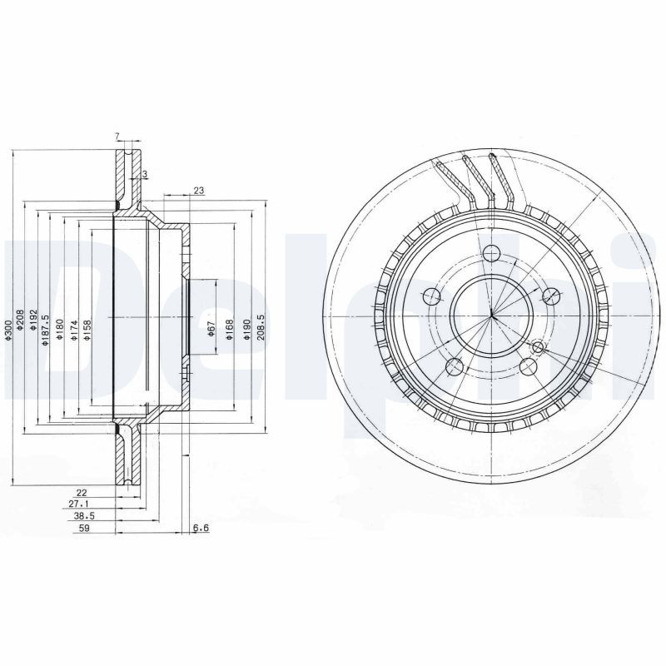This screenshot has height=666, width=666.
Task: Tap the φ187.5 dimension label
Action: pyautogui.click(x=47, y=328)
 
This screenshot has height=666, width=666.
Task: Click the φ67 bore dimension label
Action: pyautogui.click(x=211, y=331)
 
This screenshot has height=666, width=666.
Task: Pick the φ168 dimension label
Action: pyautogui.click(x=230, y=331)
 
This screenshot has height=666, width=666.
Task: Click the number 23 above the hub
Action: pyautogui.click(x=198, y=191)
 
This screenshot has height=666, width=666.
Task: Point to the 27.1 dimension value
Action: pyautogui.click(x=79, y=504)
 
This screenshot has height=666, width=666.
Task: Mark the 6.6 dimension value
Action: pyautogui.click(x=200, y=528)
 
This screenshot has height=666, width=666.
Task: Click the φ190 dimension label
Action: pyautogui.click(x=246, y=331)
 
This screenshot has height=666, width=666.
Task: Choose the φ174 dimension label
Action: pyautogui.click(x=73, y=331)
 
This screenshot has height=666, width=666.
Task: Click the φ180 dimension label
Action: pyautogui.click(x=60, y=331)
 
